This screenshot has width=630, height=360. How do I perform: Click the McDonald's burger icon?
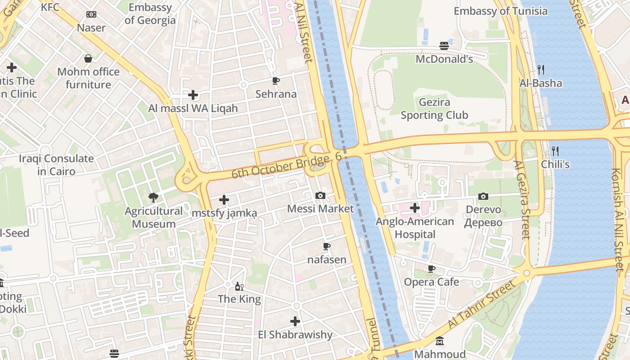click(x=444, y=46)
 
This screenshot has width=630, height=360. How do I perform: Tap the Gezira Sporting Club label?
click(x=434, y=109)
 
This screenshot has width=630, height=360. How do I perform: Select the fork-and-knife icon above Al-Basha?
click(x=541, y=70)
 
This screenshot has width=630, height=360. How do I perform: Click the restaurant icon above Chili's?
click(x=555, y=151)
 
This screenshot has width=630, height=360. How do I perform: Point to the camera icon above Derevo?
click(x=483, y=196)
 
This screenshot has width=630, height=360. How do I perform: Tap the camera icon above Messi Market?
click(x=320, y=195)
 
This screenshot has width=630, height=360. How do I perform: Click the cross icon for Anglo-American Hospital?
click(x=415, y=208)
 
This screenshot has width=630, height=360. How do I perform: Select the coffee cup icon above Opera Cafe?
click(x=432, y=269)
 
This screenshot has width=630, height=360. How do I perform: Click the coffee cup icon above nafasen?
click(x=327, y=246)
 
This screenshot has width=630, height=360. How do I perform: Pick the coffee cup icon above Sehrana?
click(x=276, y=81)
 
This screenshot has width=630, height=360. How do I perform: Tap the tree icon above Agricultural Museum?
click(x=153, y=197)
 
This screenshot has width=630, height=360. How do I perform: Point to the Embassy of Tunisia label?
click(x=500, y=11)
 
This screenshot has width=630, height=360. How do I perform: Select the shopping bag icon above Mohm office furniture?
click(x=88, y=58)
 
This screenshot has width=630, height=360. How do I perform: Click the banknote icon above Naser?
click(x=91, y=14)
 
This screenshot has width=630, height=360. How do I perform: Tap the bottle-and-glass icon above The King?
click(x=239, y=286)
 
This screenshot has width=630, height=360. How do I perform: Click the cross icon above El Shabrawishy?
click(x=295, y=321)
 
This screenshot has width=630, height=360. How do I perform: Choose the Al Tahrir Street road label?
click(x=481, y=306)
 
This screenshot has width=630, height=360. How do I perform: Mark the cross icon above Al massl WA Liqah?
click(x=193, y=95)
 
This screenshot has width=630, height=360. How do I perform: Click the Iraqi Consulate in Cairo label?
click(x=56, y=165)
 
